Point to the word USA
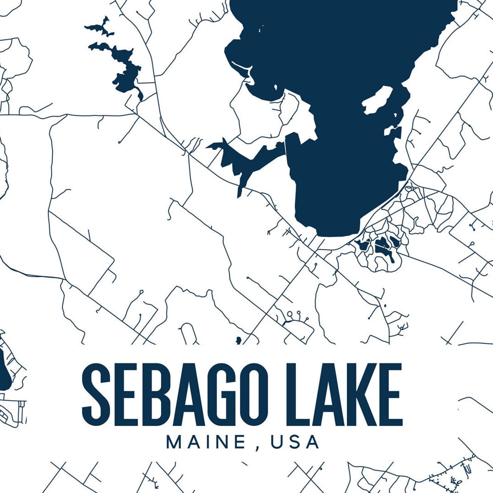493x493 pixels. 295,442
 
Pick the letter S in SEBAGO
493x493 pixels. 96,395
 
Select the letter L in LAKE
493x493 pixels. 301,395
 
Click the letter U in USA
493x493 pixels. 277,442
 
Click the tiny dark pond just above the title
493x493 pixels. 238,340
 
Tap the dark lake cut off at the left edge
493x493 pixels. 4,369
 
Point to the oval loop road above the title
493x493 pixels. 188,333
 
